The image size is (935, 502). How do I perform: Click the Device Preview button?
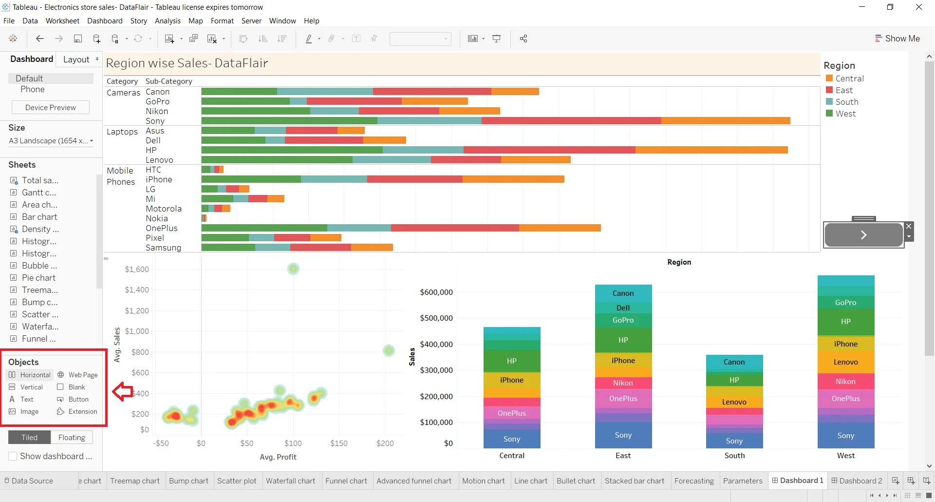pos(50,108)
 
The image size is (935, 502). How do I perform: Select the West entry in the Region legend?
pos(845,114)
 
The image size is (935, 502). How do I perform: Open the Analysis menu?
pos(168,21)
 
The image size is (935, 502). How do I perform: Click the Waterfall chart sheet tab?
pos(290,481)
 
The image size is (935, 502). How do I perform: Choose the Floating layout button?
pos(72,438)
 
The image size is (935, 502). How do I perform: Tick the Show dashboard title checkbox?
pos(13,457)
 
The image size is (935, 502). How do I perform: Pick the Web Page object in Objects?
pos(78,375)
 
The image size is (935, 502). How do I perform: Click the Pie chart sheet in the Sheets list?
pos(38,278)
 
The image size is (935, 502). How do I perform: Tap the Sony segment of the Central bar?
pos(511,439)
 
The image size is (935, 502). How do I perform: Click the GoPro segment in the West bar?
pos(845,302)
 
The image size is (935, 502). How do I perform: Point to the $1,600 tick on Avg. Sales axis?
pos(137,270)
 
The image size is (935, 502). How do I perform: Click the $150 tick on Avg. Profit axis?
pos(339,444)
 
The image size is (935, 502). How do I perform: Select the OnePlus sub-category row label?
pos(162,228)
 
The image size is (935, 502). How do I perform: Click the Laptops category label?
pos(122,132)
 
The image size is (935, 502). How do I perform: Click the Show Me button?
pos(898,39)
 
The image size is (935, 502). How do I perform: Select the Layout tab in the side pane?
pos(76,59)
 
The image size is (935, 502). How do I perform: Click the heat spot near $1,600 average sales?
pos(293,269)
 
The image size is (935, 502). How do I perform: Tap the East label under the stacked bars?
pos(623,456)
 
